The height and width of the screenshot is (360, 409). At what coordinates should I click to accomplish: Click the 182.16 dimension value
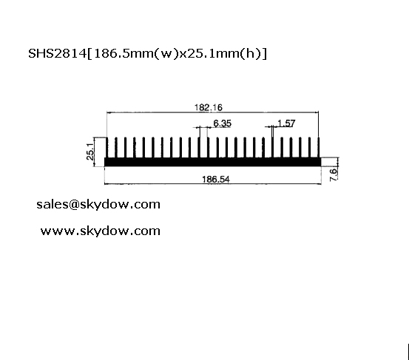click(x=209, y=107)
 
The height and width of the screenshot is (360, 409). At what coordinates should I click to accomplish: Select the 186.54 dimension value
click(x=216, y=180)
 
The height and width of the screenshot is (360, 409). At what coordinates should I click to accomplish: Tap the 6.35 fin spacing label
click(x=222, y=123)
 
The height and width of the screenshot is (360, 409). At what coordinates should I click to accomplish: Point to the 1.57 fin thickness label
click(x=286, y=123)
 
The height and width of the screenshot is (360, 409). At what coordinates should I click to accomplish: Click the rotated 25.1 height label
click(x=90, y=152)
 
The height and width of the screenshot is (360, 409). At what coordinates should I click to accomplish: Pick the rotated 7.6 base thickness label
click(x=334, y=174)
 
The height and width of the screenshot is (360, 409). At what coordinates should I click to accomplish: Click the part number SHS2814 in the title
click(x=58, y=53)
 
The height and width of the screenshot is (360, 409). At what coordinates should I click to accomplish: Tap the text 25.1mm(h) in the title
click(x=220, y=54)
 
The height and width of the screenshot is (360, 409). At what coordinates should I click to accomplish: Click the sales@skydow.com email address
click(x=98, y=204)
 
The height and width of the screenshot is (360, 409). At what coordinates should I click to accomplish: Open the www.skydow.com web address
click(x=101, y=231)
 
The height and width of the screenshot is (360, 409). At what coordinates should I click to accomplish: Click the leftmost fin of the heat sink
click(x=107, y=148)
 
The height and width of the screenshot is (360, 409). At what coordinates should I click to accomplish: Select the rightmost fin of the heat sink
click(x=319, y=148)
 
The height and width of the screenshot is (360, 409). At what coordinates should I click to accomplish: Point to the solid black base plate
click(x=212, y=162)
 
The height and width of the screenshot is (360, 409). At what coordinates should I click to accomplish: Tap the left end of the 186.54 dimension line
click(x=104, y=184)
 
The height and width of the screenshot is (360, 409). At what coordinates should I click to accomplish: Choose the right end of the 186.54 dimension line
click(x=321, y=184)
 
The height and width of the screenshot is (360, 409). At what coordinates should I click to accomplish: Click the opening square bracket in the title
click(x=89, y=54)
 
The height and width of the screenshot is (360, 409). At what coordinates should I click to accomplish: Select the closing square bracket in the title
click(x=265, y=54)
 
